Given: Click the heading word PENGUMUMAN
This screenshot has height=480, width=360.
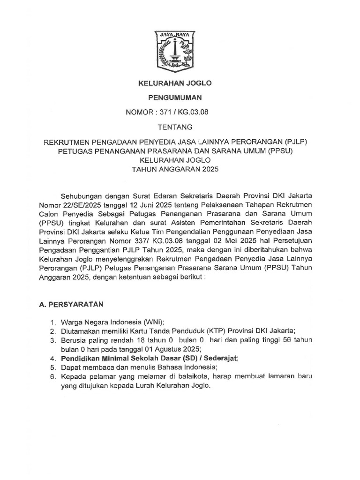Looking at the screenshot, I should [x=174, y=97].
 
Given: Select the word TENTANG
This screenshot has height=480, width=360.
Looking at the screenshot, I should [x=174, y=127].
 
